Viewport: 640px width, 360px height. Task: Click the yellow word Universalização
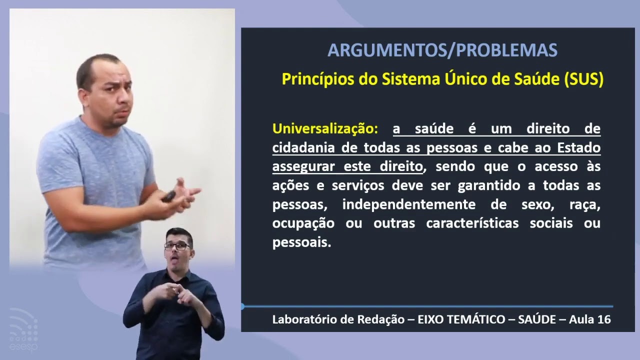coord(325,128)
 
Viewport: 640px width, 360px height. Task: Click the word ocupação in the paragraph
coord(303,223)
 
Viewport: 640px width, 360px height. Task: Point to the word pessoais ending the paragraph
coord(301,242)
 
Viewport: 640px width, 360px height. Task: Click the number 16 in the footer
coord(603,319)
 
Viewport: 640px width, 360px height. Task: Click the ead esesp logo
coord(23,330)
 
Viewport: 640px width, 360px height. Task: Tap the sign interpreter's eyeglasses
coord(177,246)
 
